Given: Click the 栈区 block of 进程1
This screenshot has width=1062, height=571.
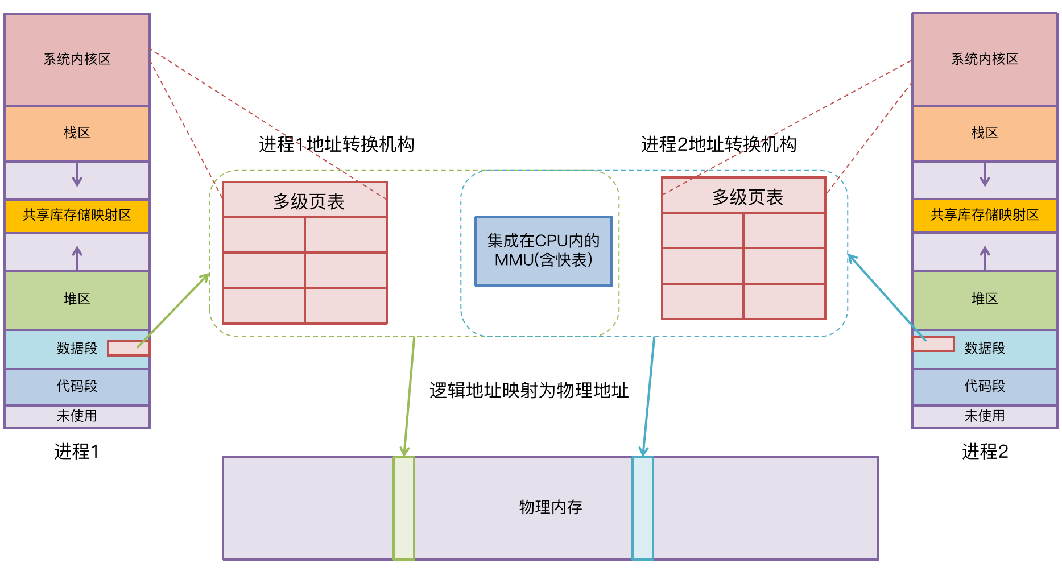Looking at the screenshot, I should click(77, 133).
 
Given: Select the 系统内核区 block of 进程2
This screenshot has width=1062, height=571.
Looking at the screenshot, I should click(985, 59).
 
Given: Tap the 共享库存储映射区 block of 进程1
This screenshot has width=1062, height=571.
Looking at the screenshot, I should click(77, 215).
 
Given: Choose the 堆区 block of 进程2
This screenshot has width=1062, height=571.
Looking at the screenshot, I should click(985, 299).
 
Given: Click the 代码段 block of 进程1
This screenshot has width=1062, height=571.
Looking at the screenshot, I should click(77, 386).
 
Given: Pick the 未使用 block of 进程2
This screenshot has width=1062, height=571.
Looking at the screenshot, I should click(985, 416).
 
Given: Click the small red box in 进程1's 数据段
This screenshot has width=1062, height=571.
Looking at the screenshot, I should click(128, 348).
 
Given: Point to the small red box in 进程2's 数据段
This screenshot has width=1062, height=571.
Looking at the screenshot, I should click(933, 344).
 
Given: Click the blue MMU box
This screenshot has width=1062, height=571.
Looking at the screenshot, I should click(543, 251).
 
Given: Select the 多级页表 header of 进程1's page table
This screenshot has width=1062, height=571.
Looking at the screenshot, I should click(305, 200).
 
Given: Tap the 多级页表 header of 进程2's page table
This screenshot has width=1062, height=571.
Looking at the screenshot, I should click(743, 196).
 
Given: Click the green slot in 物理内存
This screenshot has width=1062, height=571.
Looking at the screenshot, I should click(404, 508).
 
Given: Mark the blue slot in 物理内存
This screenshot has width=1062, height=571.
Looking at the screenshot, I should click(643, 508).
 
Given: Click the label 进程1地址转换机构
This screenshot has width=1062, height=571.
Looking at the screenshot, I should click(336, 144).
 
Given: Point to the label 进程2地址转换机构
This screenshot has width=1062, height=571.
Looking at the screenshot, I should click(718, 144).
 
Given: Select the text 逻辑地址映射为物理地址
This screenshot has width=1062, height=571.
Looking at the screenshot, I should click(529, 391).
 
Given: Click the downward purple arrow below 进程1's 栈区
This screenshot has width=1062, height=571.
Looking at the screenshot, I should click(77, 175).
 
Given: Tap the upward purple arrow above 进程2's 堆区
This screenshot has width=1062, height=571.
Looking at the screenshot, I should click(985, 257).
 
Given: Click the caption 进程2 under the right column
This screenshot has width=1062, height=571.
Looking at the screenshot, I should click(985, 452).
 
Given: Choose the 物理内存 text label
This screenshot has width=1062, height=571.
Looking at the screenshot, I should click(550, 507).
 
